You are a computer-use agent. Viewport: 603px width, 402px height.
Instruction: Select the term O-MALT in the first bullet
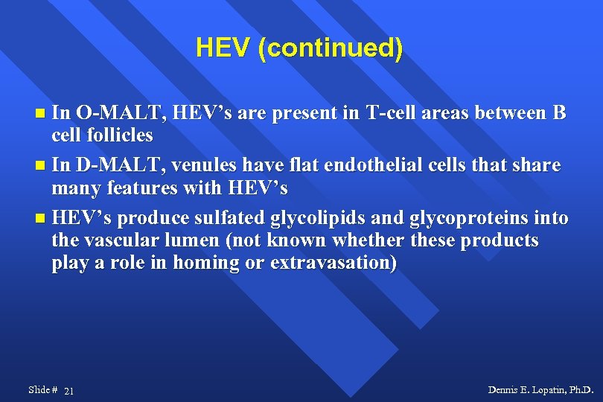(122, 114)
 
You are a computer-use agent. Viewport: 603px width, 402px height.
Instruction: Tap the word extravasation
(334, 264)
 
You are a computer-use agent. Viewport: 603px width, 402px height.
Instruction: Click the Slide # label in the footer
(42, 390)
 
